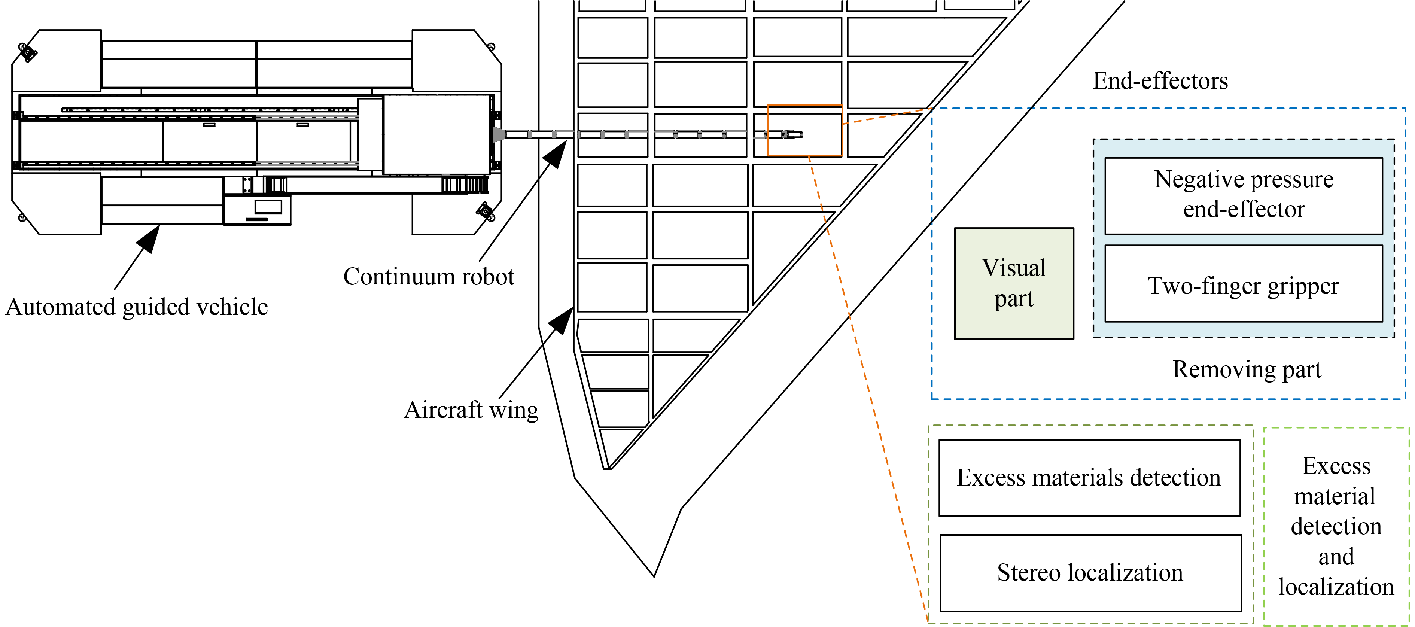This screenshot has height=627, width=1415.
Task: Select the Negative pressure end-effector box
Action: (1243, 196)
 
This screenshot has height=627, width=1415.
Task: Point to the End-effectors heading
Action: (1160, 81)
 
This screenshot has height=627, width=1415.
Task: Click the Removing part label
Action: (1247, 370)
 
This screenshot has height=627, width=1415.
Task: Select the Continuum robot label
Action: (429, 276)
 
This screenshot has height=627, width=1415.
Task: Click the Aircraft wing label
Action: (471, 410)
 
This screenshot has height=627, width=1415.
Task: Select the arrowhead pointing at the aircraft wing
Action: (563, 320)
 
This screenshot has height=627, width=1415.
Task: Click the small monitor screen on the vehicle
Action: (268, 207)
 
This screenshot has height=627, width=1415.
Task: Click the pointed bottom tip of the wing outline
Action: (654, 575)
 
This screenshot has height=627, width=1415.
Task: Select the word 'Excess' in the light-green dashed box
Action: (1336, 466)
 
